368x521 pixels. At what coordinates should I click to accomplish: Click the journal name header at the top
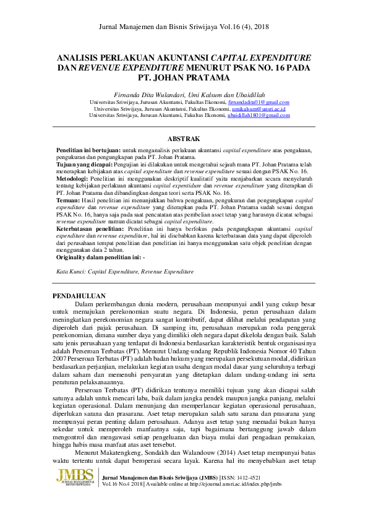click(184, 27)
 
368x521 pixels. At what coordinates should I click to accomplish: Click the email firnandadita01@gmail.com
click(259, 102)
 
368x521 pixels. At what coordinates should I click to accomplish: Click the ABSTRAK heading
click(184, 139)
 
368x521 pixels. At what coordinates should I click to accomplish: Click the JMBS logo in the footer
click(75, 477)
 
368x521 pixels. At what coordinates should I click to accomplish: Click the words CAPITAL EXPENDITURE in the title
click(262, 57)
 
